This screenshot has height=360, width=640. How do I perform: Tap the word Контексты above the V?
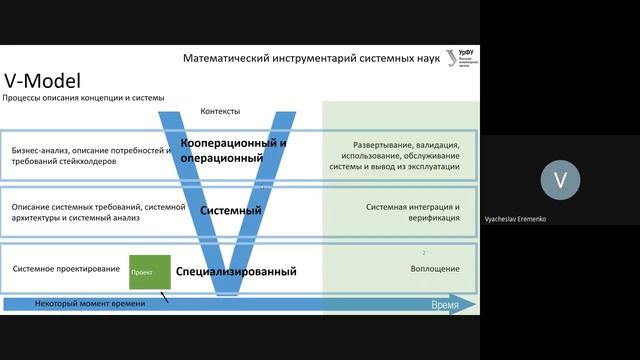pyautogui.click(x=220, y=111)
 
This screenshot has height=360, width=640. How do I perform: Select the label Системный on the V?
pyautogui.click(x=231, y=211)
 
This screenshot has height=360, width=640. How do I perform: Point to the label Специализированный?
pyautogui.click(x=236, y=271)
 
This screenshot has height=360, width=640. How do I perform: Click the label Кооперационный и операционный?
pyautogui.click(x=234, y=150)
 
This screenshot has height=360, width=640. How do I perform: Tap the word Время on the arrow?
pyautogui.click(x=445, y=304)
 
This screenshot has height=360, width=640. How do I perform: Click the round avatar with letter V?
pyautogui.click(x=560, y=180)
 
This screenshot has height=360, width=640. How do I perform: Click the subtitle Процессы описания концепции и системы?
pyautogui.click(x=83, y=98)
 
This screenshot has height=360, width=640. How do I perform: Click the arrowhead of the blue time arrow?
pyautogui.click(x=467, y=304)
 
